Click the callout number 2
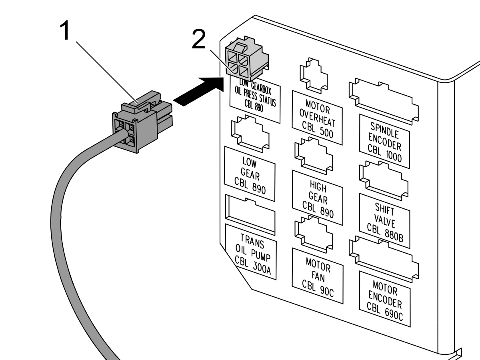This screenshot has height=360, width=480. (x=199, y=39)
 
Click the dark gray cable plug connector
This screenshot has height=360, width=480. (x=142, y=122)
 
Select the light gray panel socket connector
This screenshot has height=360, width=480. (x=247, y=58)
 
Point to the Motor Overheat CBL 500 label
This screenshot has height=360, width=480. (x=317, y=118)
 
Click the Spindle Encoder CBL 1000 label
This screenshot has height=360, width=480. (x=384, y=142)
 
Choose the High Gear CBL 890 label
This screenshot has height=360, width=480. (x=318, y=198)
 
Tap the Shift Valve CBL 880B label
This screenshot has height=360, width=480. (x=385, y=221)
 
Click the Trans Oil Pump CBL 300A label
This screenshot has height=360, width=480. (x=251, y=252)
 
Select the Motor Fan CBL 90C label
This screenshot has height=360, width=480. (x=318, y=276)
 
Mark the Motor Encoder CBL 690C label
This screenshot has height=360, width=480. (x=385, y=299)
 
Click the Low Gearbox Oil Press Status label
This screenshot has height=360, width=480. (x=255, y=98)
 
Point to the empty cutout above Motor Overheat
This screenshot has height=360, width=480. (x=314, y=76)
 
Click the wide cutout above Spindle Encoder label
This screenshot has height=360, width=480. (x=384, y=102)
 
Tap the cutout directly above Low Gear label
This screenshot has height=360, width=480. (x=250, y=134)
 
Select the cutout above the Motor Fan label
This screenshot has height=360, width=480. (x=314, y=234)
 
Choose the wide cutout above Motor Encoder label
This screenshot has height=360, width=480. (x=384, y=259)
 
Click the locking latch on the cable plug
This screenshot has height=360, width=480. (x=141, y=102)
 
